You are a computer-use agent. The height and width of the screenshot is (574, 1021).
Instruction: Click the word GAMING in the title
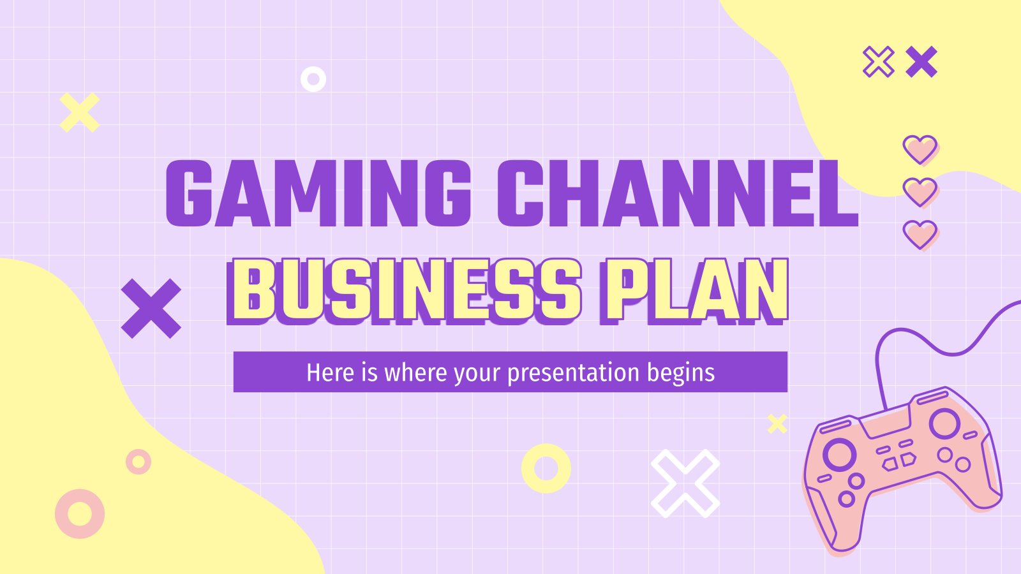click(318, 194)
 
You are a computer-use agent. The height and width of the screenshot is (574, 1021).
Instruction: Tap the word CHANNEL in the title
click(678, 194)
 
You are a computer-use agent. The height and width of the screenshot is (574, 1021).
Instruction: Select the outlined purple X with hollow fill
click(878, 61)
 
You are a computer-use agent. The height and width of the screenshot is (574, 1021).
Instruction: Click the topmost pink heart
click(920, 149)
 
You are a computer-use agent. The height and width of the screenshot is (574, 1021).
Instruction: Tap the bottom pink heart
click(920, 235)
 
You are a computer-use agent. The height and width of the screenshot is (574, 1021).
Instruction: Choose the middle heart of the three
click(920, 192)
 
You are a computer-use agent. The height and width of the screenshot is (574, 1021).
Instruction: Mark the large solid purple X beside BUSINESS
click(151, 309)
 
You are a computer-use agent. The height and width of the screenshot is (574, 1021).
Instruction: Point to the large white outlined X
click(685, 483)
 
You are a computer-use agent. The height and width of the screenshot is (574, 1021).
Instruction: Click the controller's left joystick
click(838, 454)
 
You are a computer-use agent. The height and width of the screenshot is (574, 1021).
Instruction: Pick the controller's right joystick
click(944, 423)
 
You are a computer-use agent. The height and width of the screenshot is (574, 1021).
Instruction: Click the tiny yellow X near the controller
click(777, 423)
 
